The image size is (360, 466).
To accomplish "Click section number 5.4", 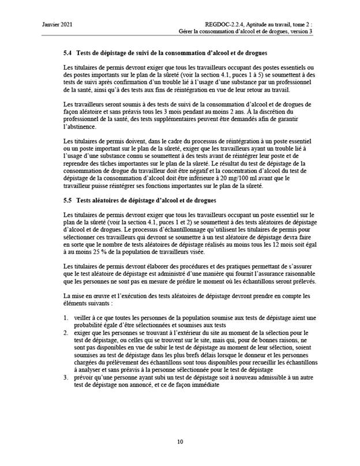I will click(67, 53).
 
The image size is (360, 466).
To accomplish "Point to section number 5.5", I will click(67, 200).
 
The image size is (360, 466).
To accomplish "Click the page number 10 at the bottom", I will click(180, 442).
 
